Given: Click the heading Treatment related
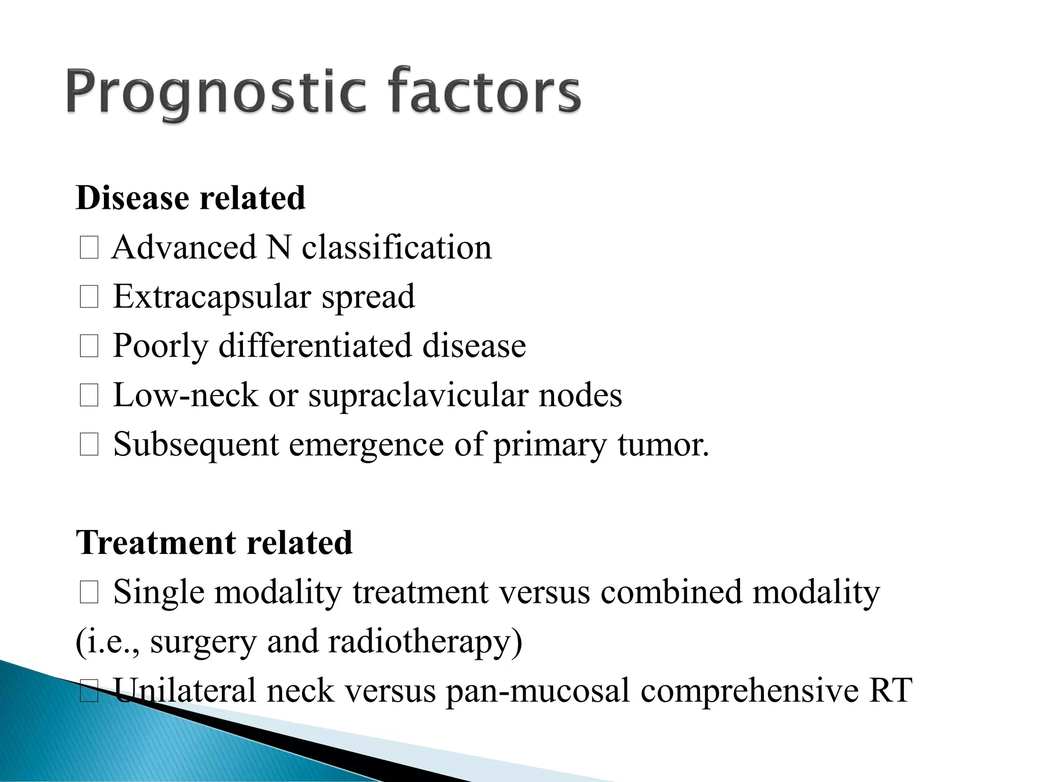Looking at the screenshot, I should (x=214, y=542).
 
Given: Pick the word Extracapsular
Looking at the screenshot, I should (x=211, y=297).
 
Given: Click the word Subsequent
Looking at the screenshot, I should (x=196, y=444).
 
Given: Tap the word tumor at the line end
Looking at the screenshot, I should (x=663, y=444).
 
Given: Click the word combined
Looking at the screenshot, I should (x=671, y=592).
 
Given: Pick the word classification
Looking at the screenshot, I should (x=397, y=248).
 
